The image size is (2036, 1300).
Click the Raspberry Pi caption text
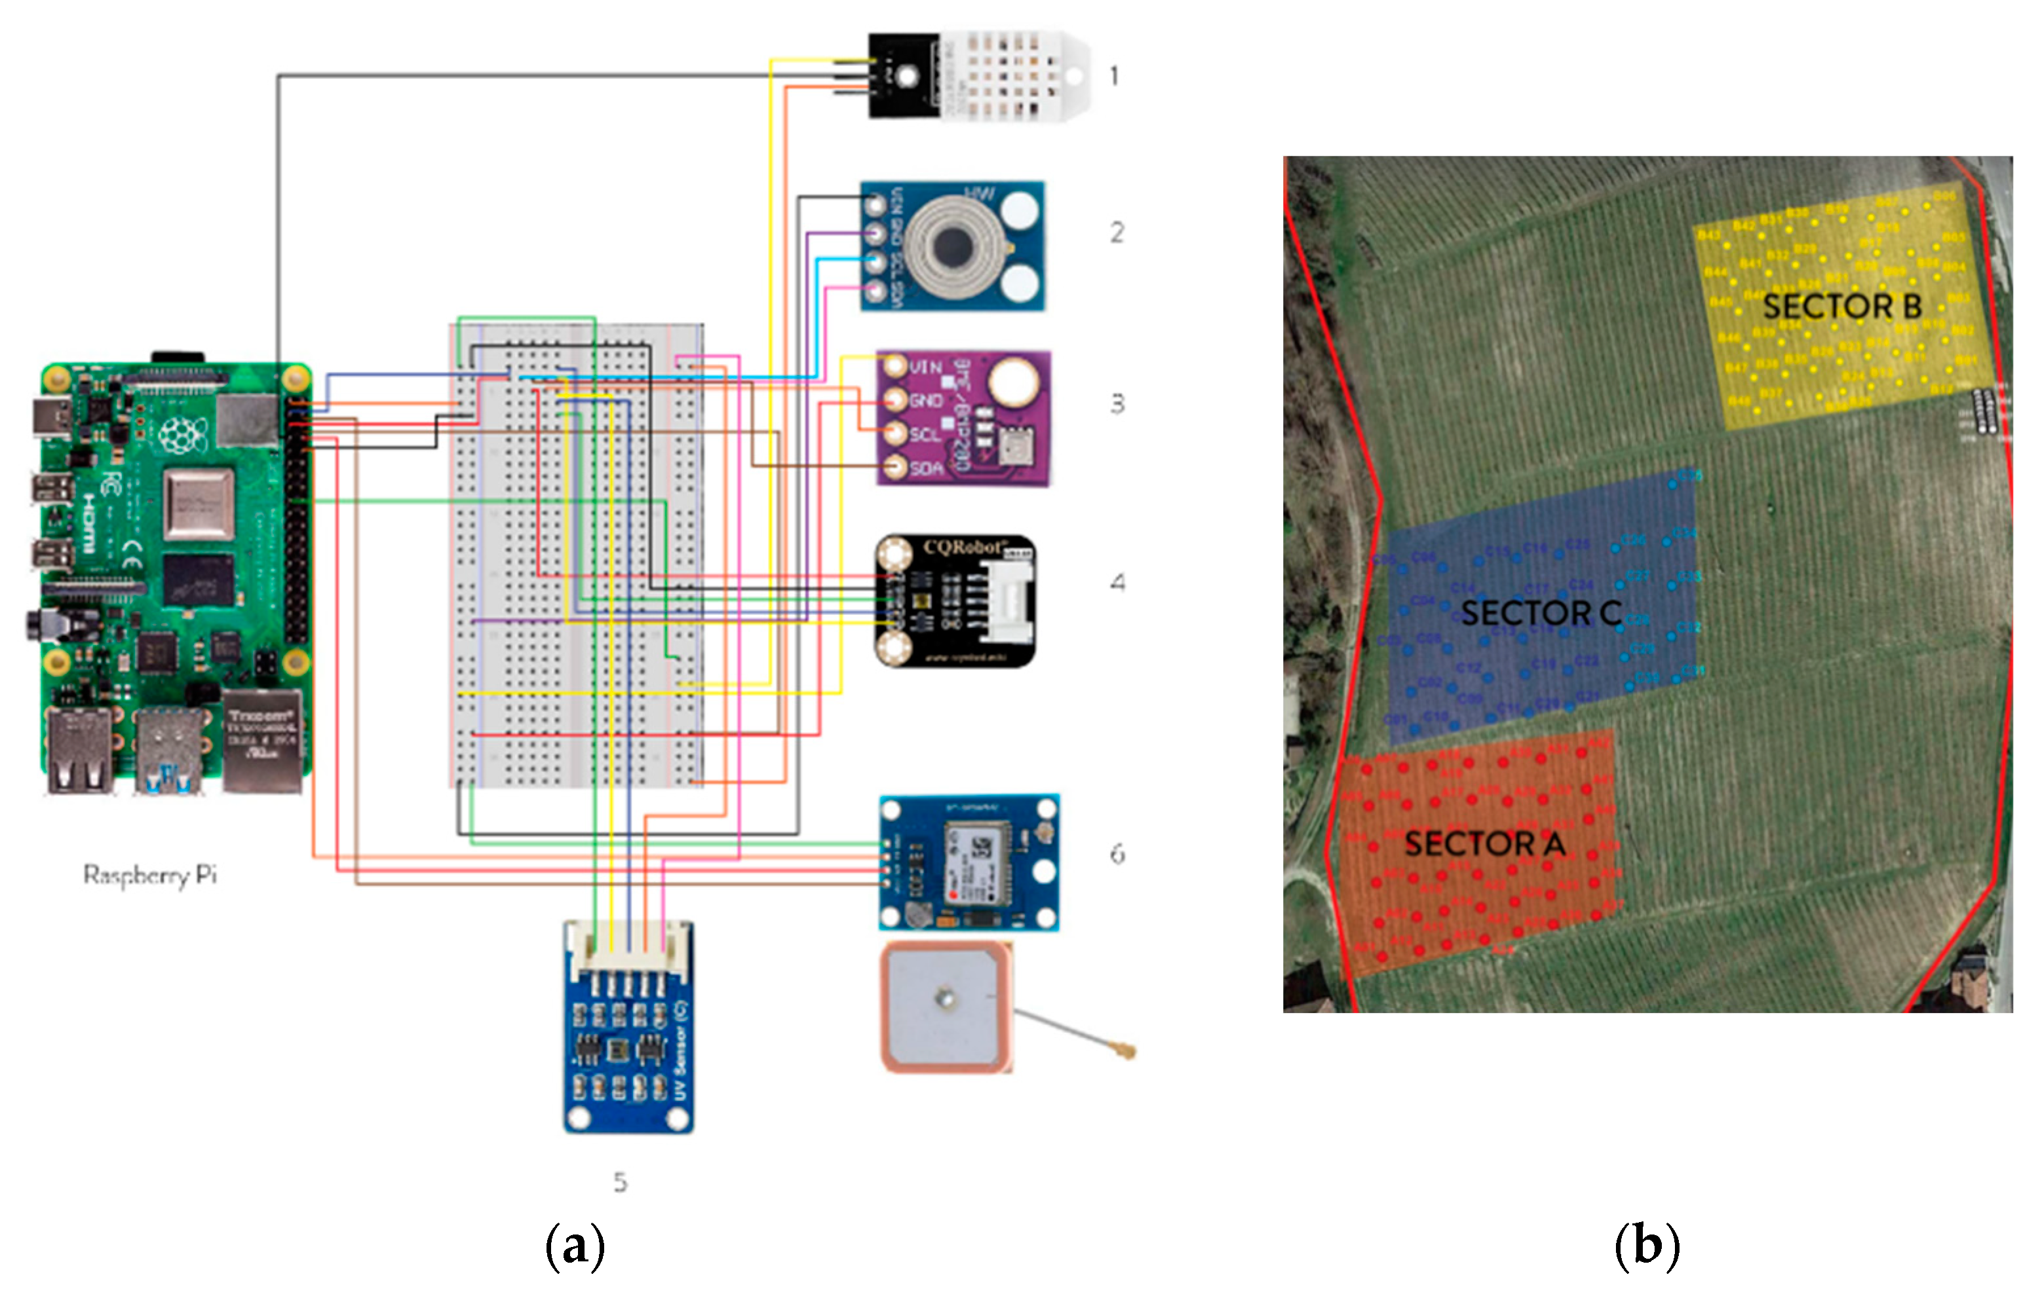pyautogui.click(x=149, y=874)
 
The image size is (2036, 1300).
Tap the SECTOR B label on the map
pyautogui.click(x=1841, y=306)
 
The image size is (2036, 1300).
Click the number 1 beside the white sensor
pyautogui.click(x=1115, y=76)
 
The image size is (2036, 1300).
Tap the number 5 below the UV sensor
pyautogui.click(x=620, y=1181)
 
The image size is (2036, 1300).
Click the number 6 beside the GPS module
pyautogui.click(x=1117, y=854)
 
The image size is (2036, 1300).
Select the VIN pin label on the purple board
pyautogui.click(x=926, y=367)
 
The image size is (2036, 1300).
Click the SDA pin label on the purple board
pyautogui.click(x=926, y=468)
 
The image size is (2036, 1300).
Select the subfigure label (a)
pyautogui.click(x=575, y=1246)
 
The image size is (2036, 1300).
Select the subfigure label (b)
pyautogui.click(x=1646, y=1246)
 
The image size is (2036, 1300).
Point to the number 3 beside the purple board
pyautogui.click(x=1117, y=404)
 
